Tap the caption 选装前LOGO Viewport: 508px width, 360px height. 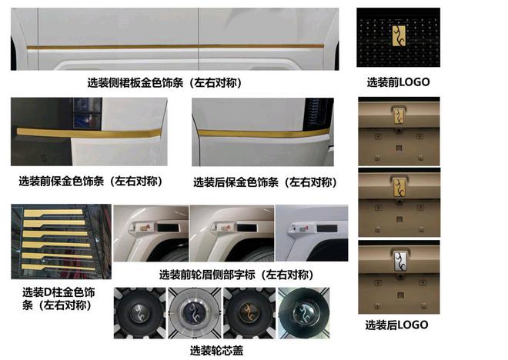tap(398, 82)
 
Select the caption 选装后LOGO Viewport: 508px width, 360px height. tap(397, 325)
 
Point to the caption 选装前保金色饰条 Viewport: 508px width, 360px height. tap(62, 182)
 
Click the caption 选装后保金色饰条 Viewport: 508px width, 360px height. tap(236, 182)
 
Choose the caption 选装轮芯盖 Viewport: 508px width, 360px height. tap(216, 351)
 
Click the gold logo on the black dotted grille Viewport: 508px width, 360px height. tap(399, 35)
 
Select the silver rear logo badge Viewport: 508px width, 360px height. tap(399, 262)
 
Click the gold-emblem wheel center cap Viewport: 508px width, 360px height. tap(249, 313)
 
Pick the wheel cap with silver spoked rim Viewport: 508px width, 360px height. tap(195, 313)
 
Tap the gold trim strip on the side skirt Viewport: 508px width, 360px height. tap(175, 47)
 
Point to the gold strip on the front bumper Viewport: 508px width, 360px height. tap(89, 133)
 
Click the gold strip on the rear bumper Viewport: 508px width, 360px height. tap(263, 133)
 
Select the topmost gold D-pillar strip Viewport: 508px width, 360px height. tap(53, 213)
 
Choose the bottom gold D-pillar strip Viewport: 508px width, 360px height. tap(58, 267)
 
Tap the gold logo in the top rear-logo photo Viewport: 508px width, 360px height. tap(399, 115)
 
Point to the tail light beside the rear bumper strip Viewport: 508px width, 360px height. tap(317, 112)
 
